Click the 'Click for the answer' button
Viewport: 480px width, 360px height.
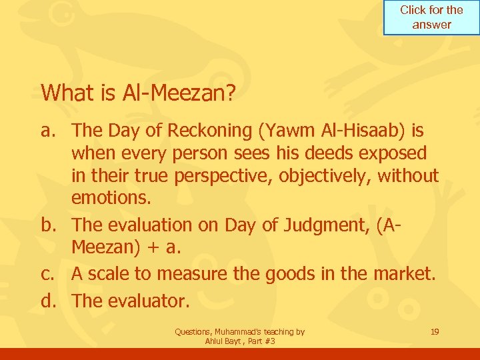point(431,18)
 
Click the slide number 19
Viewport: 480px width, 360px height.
point(435,331)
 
